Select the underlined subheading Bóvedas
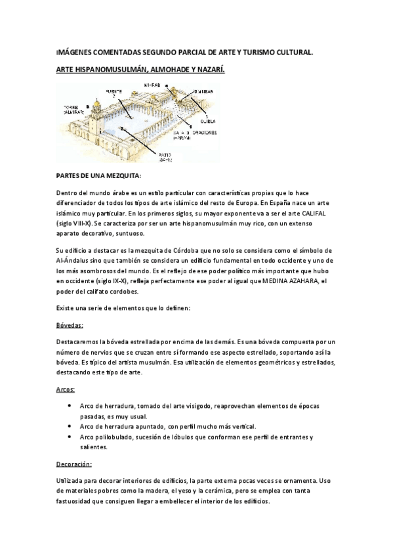(x=70, y=325)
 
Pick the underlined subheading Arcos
(x=66, y=390)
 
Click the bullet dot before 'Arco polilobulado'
(x=70, y=436)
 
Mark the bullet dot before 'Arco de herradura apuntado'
(x=70, y=426)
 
